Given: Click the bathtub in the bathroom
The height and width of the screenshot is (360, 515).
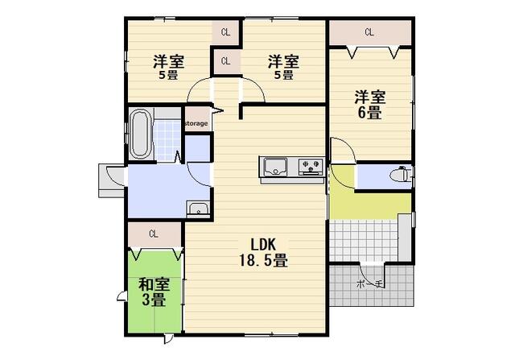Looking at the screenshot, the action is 141,134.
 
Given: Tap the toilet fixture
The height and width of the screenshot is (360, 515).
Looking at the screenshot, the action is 400,174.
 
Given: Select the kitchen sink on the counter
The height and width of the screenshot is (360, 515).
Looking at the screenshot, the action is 275,167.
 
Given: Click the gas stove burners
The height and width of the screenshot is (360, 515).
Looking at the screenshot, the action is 311,166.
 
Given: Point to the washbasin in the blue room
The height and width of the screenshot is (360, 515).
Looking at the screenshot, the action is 198,209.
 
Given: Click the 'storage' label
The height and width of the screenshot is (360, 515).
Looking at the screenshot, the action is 196,123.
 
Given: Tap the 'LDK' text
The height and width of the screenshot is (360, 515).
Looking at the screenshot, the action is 263,244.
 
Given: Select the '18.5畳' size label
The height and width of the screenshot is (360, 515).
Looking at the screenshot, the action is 263,260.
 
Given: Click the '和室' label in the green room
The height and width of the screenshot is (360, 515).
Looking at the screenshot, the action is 154,285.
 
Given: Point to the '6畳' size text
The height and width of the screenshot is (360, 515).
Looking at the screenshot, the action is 369,113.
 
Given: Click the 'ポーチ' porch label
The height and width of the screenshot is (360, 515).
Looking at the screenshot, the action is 370,284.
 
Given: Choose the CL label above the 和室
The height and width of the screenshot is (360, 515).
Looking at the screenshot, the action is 154,234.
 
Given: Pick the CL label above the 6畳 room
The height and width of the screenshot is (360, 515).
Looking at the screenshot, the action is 369,32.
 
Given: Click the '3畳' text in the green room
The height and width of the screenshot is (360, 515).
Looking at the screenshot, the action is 154,300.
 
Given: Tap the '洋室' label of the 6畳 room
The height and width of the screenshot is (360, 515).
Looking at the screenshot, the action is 369,97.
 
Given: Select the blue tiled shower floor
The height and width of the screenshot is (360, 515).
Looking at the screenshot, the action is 167,141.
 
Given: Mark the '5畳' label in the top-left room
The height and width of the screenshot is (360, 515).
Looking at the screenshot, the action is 168,75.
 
